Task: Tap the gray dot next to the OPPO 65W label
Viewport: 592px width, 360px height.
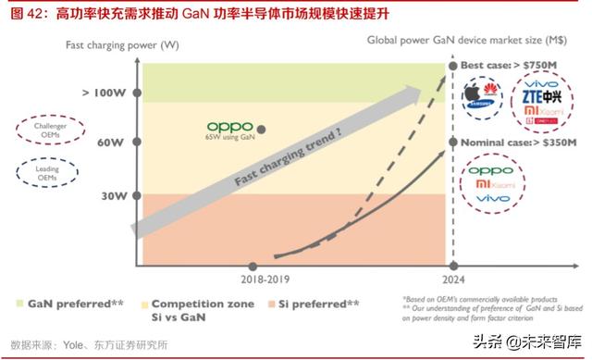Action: point(262,130)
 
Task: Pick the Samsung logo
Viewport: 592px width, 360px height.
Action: point(487,104)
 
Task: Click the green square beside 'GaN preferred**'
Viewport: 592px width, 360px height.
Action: point(21,304)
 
